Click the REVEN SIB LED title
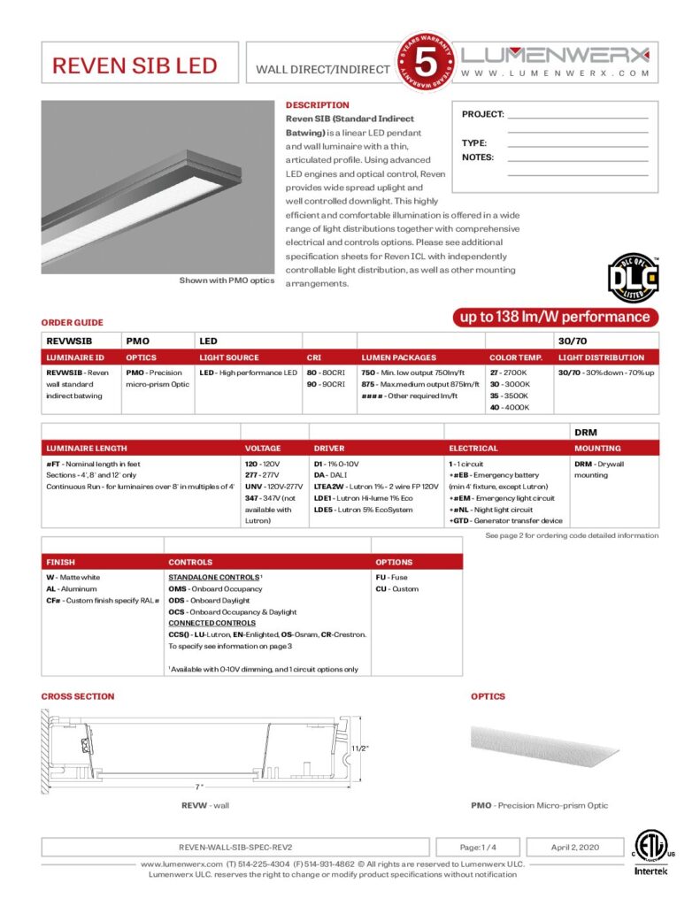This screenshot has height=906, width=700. click(135, 66)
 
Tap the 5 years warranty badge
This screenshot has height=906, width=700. click(427, 65)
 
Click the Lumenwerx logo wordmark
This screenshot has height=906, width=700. click(556, 54)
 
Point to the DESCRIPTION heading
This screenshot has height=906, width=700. click(317, 105)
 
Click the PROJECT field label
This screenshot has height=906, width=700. click(482, 114)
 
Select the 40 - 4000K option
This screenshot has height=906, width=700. click(510, 407)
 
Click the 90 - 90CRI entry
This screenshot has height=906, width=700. click(324, 385)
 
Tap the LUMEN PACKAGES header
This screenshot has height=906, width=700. click(398, 357)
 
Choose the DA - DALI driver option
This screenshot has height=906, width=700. click(332, 475)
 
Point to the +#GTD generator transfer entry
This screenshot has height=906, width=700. click(505, 521)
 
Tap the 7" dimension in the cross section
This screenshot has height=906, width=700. click(200, 786)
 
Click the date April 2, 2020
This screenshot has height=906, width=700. click(575, 847)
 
